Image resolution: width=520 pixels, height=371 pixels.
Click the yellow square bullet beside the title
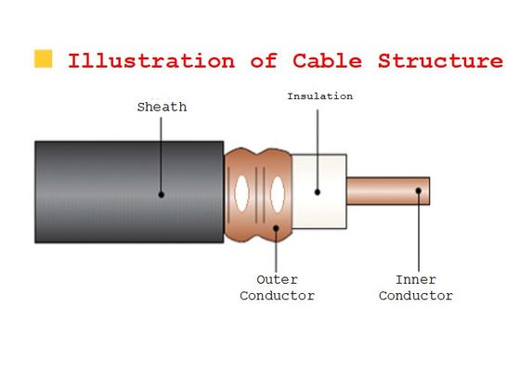[43, 59]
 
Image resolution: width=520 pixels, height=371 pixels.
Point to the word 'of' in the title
[264, 62]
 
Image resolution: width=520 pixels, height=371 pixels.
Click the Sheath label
[162, 107]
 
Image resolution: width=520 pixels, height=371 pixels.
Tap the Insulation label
[319, 96]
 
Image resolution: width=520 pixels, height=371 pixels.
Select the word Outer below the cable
[277, 279]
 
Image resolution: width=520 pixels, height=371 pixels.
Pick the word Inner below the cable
[415, 279]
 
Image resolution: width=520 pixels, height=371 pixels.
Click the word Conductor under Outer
[277, 296]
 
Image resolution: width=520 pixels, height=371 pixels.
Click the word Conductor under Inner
[415, 296]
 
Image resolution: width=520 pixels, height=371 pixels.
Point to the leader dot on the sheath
[161, 195]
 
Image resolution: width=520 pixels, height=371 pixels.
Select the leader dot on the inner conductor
[417, 192]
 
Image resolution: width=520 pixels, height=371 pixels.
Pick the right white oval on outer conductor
[275, 193]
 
